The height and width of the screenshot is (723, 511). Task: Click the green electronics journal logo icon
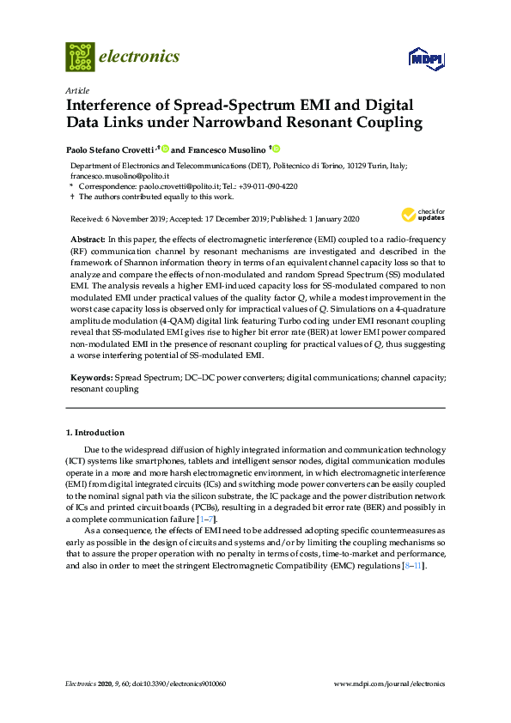(x=80, y=57)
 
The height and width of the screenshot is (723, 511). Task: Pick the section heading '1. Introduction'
(x=94, y=433)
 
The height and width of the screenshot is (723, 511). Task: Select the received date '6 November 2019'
(x=131, y=219)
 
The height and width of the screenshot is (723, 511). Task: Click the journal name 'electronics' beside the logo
(x=141, y=58)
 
